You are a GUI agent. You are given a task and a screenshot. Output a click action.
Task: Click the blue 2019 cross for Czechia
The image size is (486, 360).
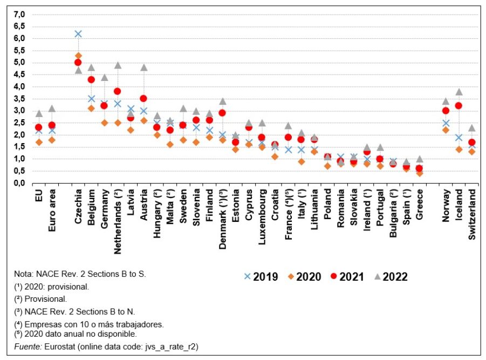78,33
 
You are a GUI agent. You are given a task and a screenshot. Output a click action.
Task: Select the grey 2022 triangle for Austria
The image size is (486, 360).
144,67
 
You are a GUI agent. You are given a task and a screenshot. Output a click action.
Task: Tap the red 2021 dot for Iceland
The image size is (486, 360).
459,106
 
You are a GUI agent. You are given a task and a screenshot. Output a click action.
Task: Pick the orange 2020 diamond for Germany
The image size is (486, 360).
105,123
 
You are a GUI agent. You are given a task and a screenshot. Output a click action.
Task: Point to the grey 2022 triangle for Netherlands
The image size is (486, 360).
118,65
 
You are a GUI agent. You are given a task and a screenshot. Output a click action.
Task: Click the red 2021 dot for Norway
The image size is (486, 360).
446,111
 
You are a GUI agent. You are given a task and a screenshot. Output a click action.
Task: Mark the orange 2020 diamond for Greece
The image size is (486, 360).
420,173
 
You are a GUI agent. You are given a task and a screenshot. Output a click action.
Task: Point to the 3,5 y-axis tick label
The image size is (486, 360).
19,99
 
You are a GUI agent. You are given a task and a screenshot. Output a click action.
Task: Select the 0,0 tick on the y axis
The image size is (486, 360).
19,183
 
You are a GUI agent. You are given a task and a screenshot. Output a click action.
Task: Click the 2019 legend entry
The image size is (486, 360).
261,277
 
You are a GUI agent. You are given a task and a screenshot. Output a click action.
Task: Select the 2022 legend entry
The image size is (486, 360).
388,277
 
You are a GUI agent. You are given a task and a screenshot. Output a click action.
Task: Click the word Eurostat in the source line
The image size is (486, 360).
56,347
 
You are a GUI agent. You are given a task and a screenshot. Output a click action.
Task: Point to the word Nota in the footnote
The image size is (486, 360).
24,274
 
